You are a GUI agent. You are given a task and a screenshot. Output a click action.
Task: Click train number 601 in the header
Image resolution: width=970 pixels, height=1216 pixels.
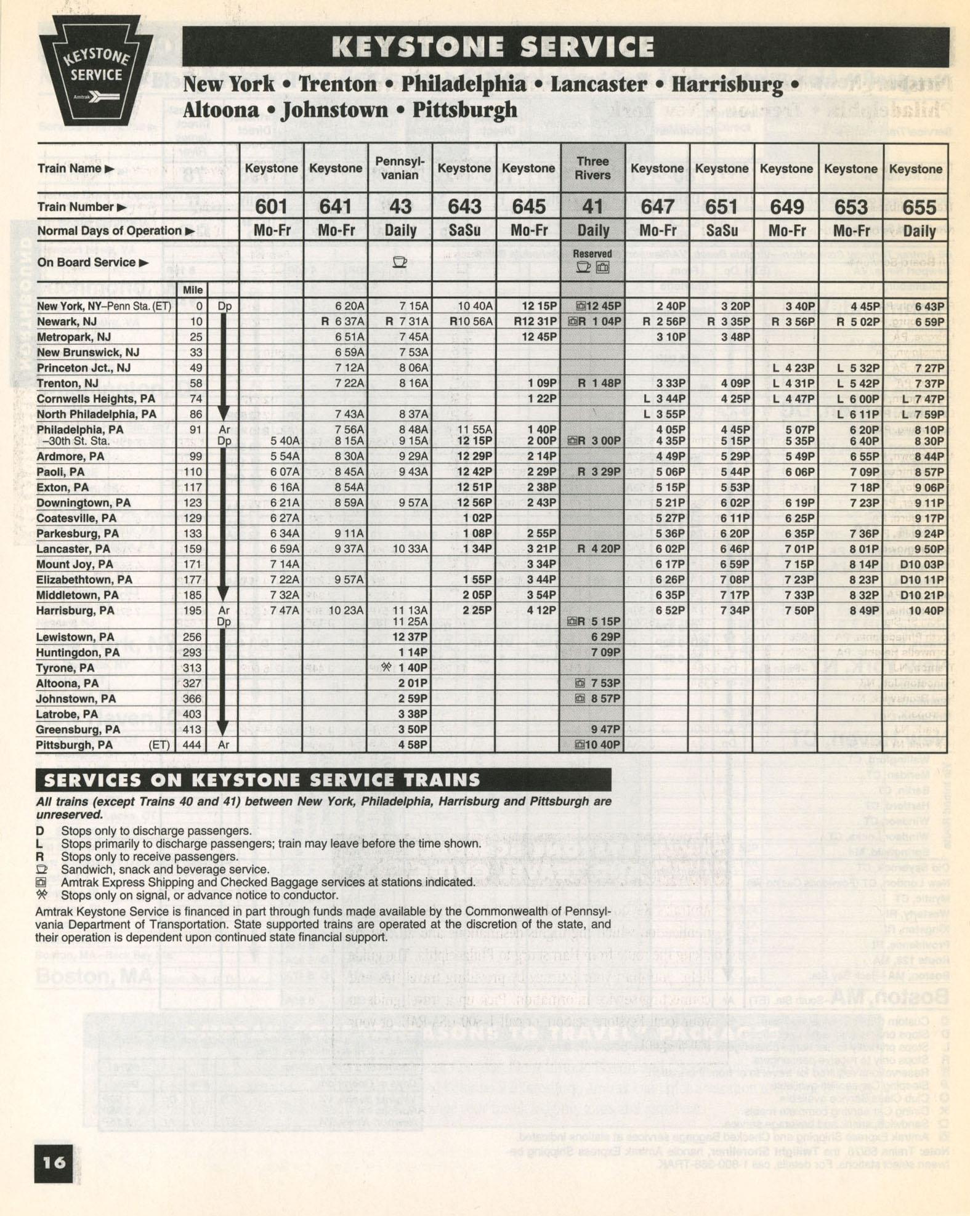[x=271, y=207]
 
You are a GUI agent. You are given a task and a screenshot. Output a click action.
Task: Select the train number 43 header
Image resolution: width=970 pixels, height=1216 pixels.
[x=400, y=207]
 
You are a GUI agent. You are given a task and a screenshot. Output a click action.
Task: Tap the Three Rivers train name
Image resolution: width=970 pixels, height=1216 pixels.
[x=592, y=168]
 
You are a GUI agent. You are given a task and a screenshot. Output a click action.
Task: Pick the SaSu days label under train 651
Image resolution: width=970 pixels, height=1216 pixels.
[x=721, y=232]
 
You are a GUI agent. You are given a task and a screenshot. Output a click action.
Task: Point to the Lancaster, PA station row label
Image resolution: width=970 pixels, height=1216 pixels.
[x=73, y=549]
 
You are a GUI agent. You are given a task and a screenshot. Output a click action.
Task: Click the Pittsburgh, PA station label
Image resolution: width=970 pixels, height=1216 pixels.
[x=75, y=745]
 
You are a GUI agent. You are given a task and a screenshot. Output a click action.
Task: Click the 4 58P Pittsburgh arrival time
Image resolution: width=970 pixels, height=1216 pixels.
[x=410, y=745]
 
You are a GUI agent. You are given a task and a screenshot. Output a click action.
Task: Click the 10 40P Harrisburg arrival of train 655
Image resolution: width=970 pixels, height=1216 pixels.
[x=925, y=611]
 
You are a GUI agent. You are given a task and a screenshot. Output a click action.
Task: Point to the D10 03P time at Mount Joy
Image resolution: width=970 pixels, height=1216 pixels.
[x=921, y=565]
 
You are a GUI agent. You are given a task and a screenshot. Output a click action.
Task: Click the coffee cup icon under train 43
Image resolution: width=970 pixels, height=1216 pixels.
[x=400, y=262]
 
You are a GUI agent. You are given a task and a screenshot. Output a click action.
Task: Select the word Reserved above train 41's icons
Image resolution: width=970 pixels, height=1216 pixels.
[x=592, y=254]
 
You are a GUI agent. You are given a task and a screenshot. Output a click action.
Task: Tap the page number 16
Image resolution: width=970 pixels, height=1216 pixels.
[x=54, y=1162]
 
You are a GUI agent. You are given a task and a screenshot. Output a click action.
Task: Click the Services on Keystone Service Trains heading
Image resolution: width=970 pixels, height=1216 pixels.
[x=262, y=780]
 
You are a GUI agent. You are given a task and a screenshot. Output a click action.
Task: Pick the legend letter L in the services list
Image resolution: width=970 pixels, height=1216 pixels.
[x=39, y=844]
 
